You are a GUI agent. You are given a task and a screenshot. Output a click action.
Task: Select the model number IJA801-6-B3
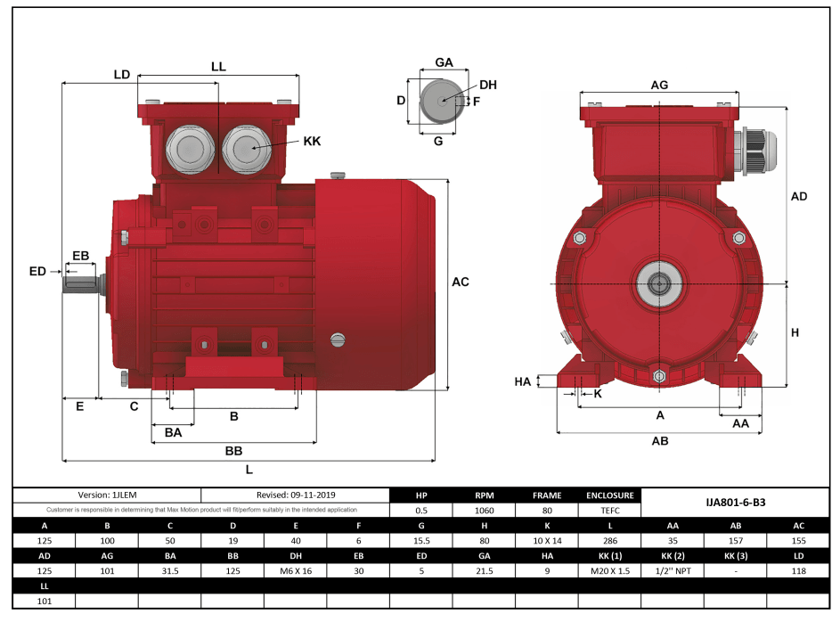pos(735,503)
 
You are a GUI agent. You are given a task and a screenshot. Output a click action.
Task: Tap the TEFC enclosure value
pos(609,511)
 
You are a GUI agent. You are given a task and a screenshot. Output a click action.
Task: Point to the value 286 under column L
pos(609,541)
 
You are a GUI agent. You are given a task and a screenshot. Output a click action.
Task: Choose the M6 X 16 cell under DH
pos(296,570)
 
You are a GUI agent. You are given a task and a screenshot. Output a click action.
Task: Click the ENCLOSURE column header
pos(609,495)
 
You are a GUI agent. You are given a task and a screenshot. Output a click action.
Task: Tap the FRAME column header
pos(547,495)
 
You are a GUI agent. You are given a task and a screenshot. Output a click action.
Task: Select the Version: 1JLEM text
pos(108,495)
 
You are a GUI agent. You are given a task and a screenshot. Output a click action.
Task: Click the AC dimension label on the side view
pos(460,282)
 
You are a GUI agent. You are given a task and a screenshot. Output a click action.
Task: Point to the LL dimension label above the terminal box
pos(218,67)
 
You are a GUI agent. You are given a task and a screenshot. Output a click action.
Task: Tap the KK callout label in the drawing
pos(312,142)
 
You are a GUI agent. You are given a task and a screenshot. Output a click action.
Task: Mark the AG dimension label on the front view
pos(659,85)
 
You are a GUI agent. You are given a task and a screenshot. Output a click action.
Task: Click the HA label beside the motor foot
pos(523,381)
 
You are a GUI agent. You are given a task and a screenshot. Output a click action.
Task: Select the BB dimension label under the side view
pos(233,451)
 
